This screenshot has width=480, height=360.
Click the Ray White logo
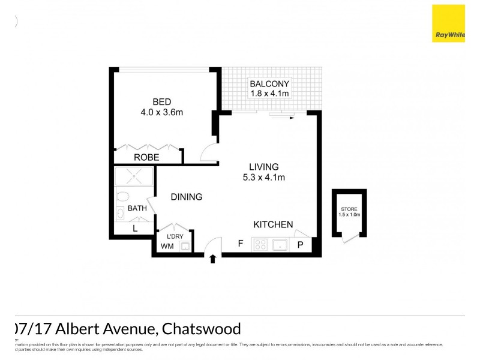tap(448, 23)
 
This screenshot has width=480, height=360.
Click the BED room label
tap(161, 101)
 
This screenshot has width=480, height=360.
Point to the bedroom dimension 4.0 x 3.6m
tap(161, 112)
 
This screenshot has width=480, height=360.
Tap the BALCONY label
tap(269, 83)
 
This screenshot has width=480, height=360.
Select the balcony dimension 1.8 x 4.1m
tap(269, 94)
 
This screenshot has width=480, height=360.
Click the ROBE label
tap(146, 157)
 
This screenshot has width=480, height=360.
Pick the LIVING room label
tap(264, 166)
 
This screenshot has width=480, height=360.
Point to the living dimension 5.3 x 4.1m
tap(264, 177)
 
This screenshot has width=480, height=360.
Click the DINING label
tap(186, 197)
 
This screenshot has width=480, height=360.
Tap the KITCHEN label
tap(273, 224)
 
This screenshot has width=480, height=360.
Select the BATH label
tap(137, 209)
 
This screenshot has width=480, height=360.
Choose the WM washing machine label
tap(167, 246)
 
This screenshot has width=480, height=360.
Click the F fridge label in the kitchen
tap(240, 244)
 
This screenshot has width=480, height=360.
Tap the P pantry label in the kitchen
tap(301, 245)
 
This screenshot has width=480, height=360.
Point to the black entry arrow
tap(213, 259)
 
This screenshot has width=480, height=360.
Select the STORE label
tap(348, 209)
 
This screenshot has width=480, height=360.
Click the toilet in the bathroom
tap(123, 196)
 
